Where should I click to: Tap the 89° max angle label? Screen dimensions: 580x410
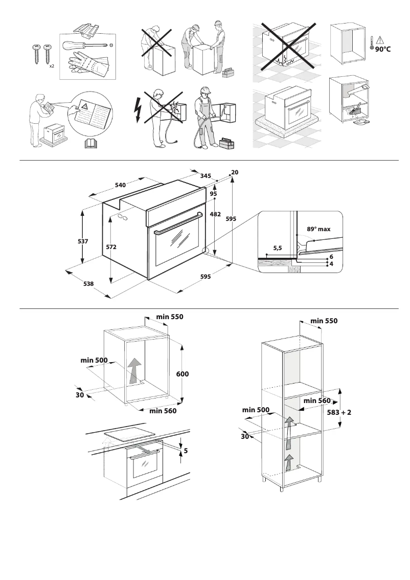[318, 229]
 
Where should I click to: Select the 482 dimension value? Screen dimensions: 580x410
[215, 214]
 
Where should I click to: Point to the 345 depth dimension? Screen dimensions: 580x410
[206, 176]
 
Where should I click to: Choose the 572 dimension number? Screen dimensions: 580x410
[111, 247]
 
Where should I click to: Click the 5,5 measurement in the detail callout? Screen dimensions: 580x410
[278, 248]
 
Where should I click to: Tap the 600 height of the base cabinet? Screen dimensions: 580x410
[183, 374]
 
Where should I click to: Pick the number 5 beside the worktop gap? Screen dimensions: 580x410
[186, 451]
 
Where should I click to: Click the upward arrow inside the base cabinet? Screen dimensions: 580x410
[134, 369]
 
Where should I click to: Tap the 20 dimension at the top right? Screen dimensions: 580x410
[235, 172]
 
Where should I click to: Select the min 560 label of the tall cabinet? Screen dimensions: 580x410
[317, 401]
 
